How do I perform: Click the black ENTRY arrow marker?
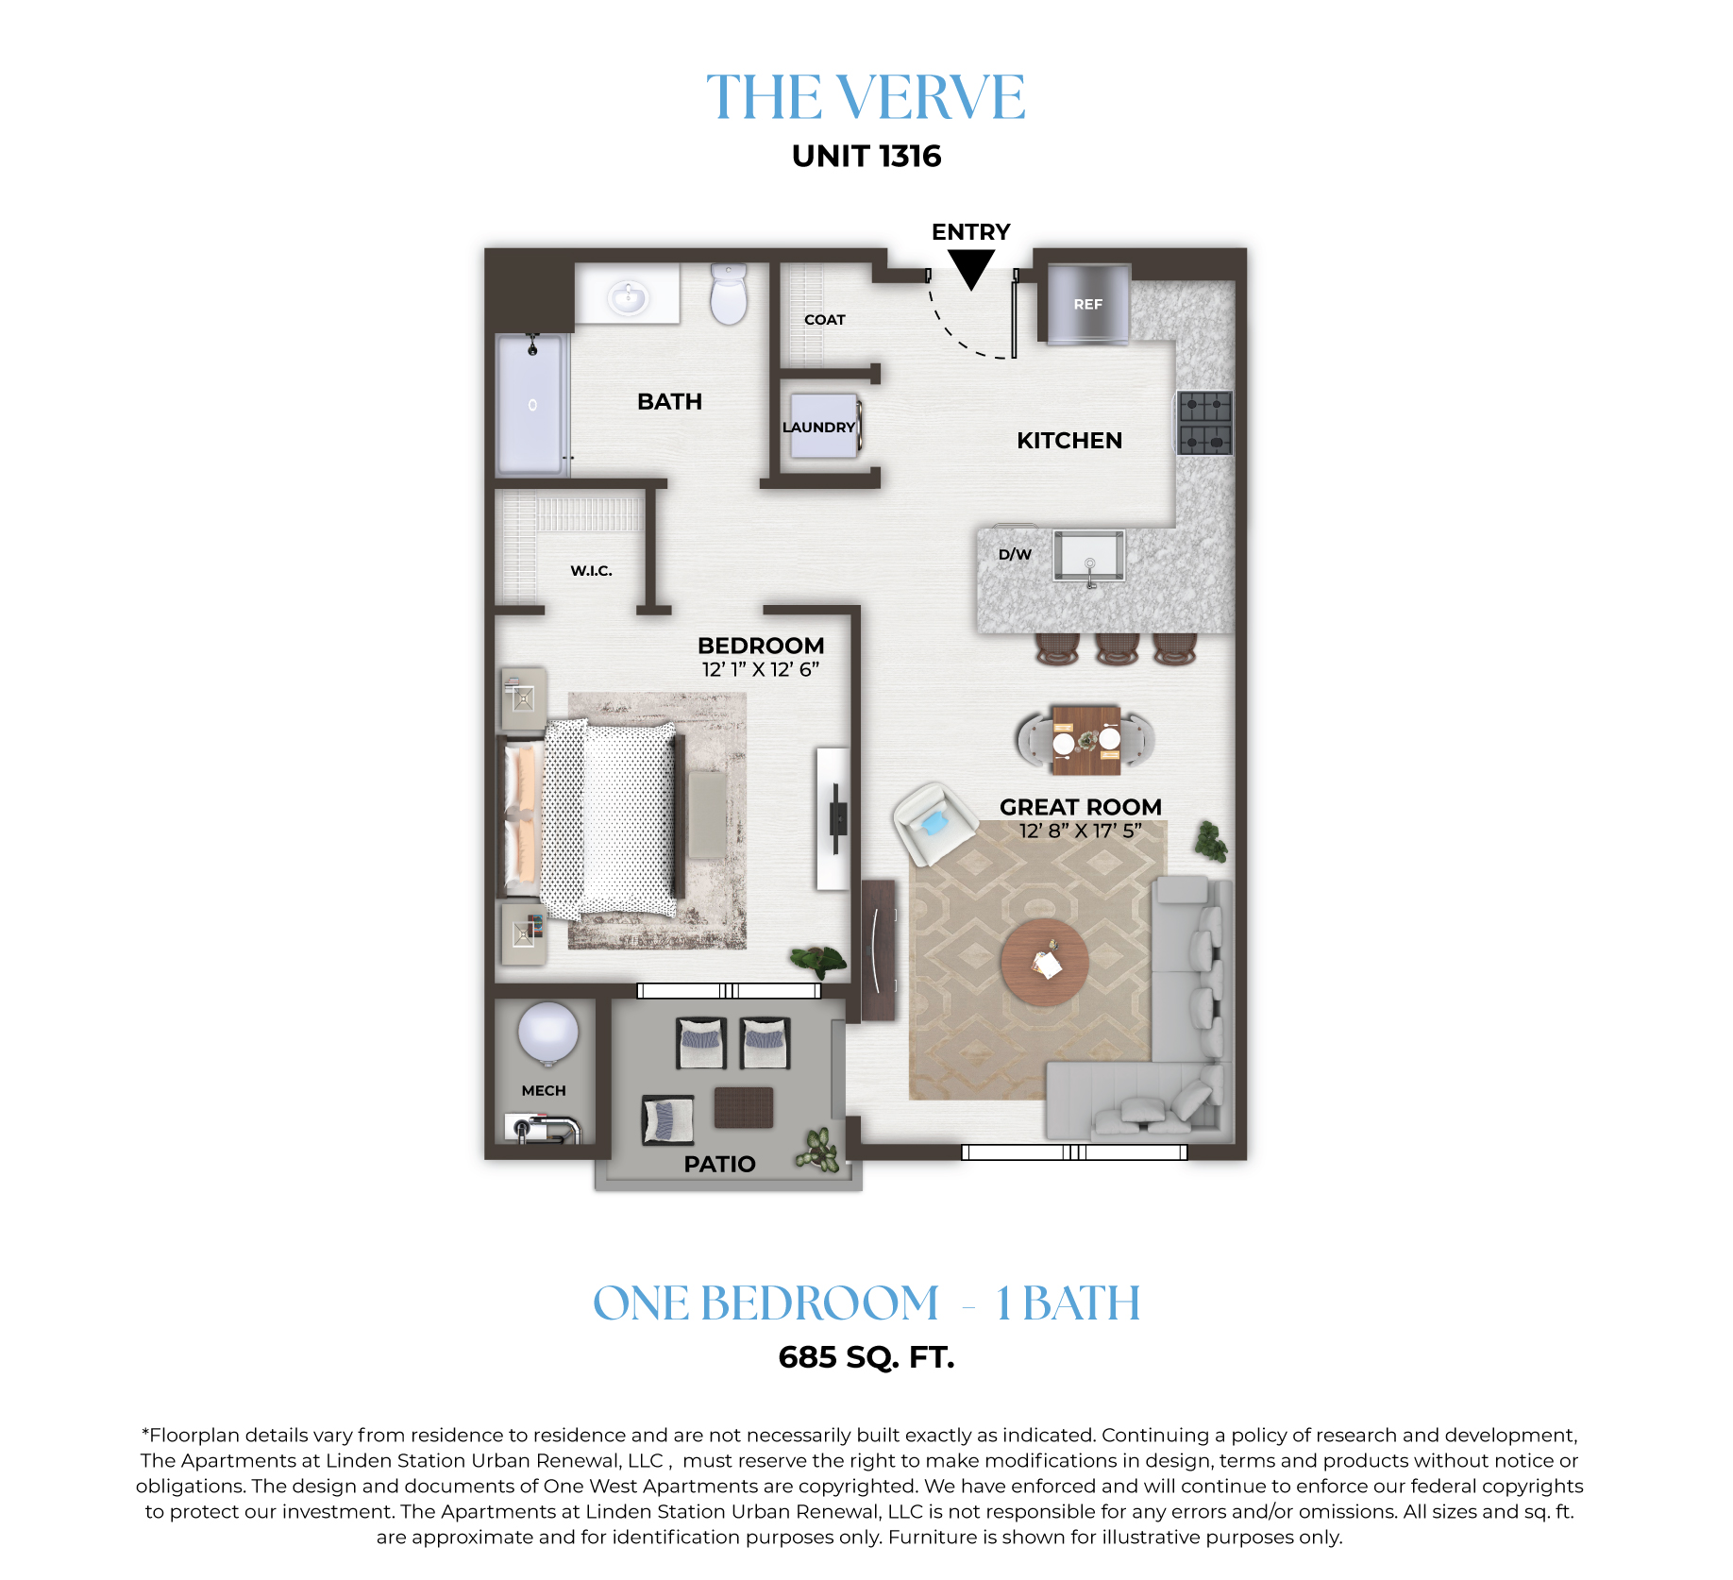coord(970,269)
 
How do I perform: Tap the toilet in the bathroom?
coord(729,294)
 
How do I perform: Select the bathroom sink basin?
coord(628,298)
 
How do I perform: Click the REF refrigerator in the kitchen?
coord(1088,304)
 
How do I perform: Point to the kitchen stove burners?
coord(1205,423)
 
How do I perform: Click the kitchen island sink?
coord(1089,556)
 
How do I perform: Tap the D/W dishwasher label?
coord(1015,554)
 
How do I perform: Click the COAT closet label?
coord(825,320)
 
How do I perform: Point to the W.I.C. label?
coord(592,570)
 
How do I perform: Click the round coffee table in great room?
coord(1045,963)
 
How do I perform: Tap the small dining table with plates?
coord(1086,740)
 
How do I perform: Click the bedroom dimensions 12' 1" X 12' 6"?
coord(761,669)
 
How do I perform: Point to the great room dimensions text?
coord(1081,831)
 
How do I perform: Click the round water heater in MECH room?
coord(547,1033)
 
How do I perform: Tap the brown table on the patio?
coord(744,1108)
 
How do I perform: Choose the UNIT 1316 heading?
coord(866,156)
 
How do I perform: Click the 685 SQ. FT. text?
coord(866,1357)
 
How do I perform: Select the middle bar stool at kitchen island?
coord(1117,648)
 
